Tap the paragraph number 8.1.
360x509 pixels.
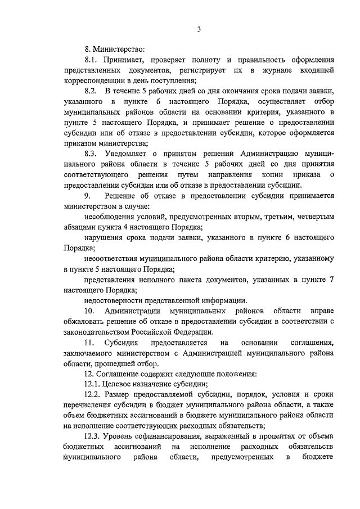[x=91, y=60]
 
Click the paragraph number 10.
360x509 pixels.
[x=89, y=311]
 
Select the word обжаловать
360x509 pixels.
[x=83, y=321]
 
